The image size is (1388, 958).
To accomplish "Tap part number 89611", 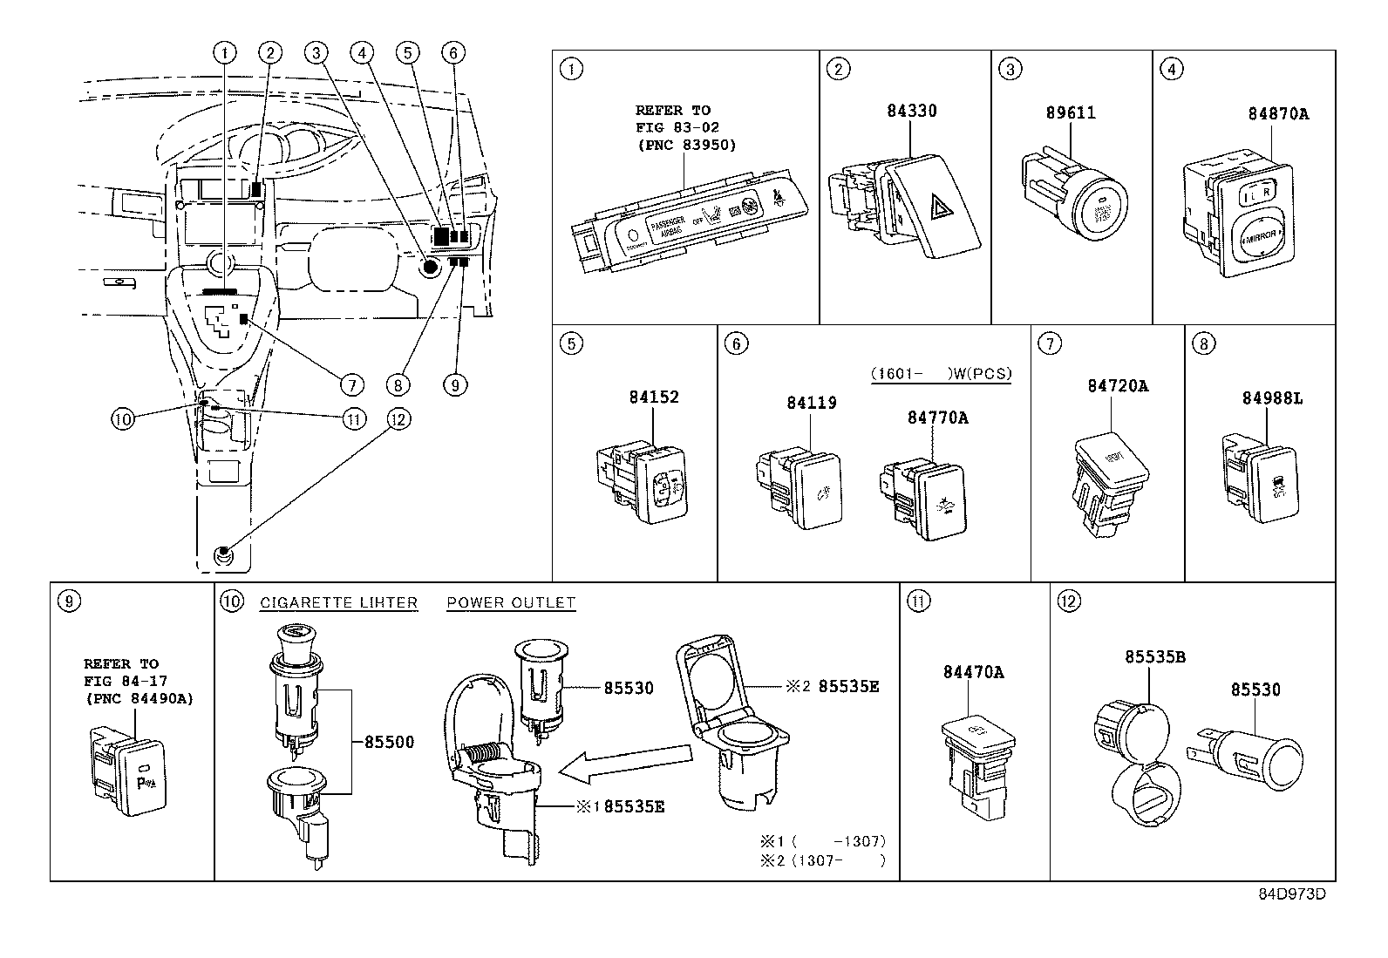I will tap(1071, 113).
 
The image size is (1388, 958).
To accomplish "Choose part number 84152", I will tap(653, 397).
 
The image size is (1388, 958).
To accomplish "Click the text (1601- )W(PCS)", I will tap(941, 374).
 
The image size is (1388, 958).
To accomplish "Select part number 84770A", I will tap(937, 418).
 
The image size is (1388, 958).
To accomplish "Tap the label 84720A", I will tap(1117, 385).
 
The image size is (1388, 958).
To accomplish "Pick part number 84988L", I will tap(1272, 398).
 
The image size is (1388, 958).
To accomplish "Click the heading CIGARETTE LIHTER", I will tap(338, 602).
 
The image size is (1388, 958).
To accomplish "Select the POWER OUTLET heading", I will tap(511, 602).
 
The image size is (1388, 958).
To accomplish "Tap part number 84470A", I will tap(973, 672).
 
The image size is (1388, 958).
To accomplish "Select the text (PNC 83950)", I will tap(685, 145).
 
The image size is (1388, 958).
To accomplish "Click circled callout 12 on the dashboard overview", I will tap(398, 419).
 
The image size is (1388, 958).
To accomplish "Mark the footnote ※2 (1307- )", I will tap(822, 860).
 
